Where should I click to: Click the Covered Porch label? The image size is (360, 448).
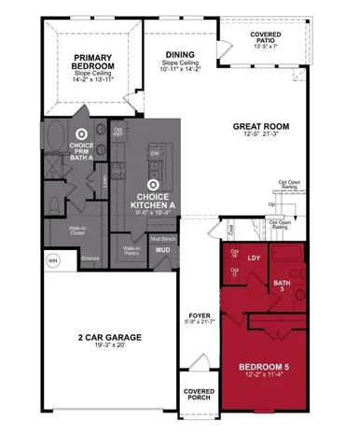pos(200,393)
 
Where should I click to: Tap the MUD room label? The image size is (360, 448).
pos(163,250)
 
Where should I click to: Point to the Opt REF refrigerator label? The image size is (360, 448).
pos(118,131)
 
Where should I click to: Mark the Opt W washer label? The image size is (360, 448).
pos(234,254)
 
